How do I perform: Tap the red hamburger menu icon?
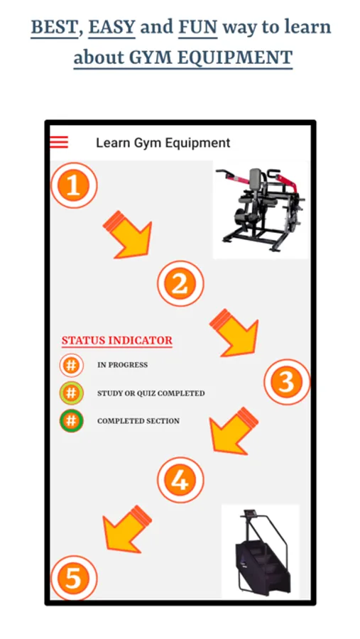click(x=59, y=142)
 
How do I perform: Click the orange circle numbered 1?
click(x=74, y=185)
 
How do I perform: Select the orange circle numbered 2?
click(x=180, y=283)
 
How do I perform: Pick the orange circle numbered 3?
click(x=287, y=382)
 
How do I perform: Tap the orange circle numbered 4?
click(x=180, y=480)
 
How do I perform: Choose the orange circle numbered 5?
click(x=74, y=578)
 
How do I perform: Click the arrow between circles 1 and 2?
click(x=129, y=236)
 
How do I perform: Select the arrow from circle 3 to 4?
click(x=233, y=431)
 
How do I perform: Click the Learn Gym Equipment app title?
click(x=163, y=143)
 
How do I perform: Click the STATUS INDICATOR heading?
click(x=117, y=341)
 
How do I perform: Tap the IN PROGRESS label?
click(x=122, y=365)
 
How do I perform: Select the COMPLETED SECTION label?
click(x=138, y=421)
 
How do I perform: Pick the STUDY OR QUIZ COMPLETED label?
click(x=151, y=393)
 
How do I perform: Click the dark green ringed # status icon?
click(x=71, y=421)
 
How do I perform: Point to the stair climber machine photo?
click(x=261, y=552)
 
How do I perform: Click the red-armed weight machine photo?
click(x=261, y=209)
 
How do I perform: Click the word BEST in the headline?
click(x=54, y=27)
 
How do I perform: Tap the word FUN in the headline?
click(x=198, y=27)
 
